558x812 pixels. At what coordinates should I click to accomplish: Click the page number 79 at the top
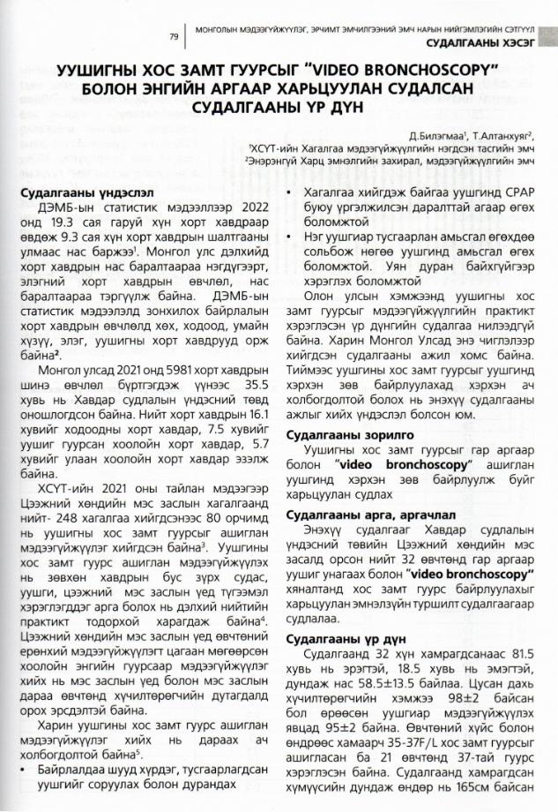click(x=174, y=37)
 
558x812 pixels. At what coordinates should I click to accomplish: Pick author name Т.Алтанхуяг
click(x=502, y=136)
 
